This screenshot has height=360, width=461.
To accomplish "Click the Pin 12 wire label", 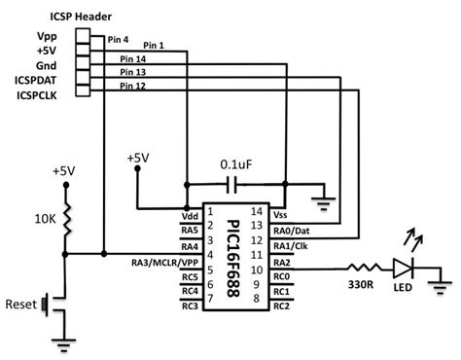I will (132, 87).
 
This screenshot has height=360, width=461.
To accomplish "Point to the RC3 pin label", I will (189, 306).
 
